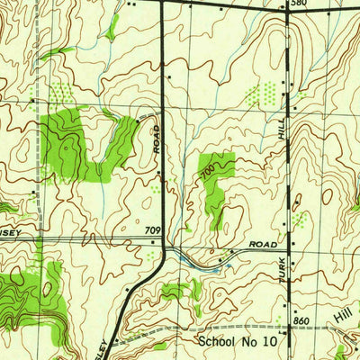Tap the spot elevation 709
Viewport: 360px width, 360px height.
(x=152, y=231)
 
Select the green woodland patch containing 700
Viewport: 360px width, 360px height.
(x=215, y=180)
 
